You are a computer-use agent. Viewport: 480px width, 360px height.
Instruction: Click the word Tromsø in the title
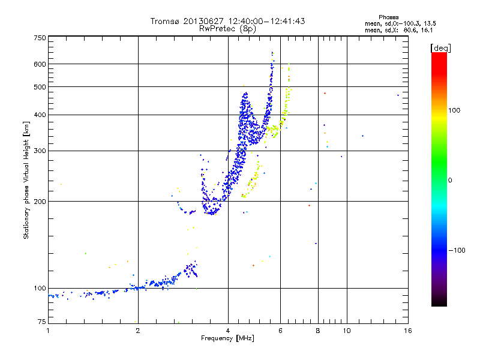(x=164, y=21)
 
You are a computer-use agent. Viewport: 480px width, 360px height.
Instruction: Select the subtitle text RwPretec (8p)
(x=227, y=29)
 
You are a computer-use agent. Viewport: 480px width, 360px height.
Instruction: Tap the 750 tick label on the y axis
(x=40, y=38)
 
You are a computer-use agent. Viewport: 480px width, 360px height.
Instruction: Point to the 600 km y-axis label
(x=40, y=64)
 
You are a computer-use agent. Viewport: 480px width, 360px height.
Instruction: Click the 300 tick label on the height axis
(x=40, y=151)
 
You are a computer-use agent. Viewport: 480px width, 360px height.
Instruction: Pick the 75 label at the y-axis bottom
(x=42, y=322)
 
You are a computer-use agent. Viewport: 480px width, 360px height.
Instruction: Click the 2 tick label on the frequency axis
(x=138, y=331)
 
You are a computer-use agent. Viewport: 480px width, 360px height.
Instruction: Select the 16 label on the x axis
(x=408, y=331)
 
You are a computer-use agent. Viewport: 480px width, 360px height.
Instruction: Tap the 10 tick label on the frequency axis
(x=347, y=331)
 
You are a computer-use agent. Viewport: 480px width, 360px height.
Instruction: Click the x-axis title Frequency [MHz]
(x=227, y=338)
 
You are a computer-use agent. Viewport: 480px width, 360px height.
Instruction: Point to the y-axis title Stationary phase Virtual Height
(x=26, y=180)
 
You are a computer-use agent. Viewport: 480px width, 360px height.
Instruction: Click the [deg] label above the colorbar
(x=440, y=48)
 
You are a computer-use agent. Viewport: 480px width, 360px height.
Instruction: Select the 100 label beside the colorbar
(x=454, y=110)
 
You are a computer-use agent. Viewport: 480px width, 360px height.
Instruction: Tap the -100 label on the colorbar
(x=457, y=250)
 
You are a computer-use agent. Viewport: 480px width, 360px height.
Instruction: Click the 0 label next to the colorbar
(x=450, y=181)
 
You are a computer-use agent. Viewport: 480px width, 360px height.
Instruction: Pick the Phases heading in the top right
(x=388, y=17)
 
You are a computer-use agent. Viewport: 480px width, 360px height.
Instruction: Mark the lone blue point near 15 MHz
(x=398, y=95)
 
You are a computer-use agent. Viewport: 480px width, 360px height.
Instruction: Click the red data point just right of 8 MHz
(x=325, y=94)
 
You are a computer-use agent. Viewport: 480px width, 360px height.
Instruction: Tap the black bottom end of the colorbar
(x=439, y=304)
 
